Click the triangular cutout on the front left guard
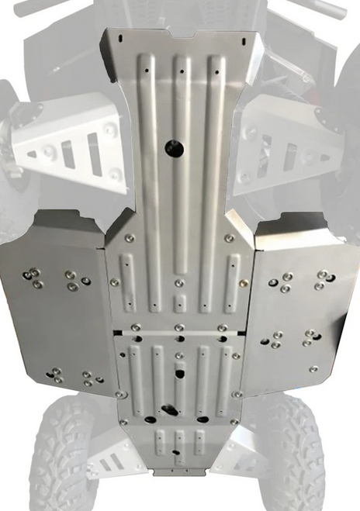pyautogui.click(x=33, y=154)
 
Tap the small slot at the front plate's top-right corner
pyautogui.click(x=242, y=40)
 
